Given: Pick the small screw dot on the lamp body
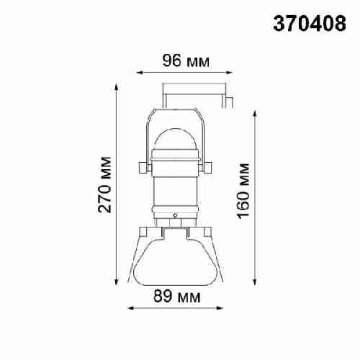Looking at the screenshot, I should tap(176, 215).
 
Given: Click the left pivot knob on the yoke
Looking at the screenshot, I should tap(144, 167).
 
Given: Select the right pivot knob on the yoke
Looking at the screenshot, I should tap(208, 167).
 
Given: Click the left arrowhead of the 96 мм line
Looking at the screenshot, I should tap(139, 72).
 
